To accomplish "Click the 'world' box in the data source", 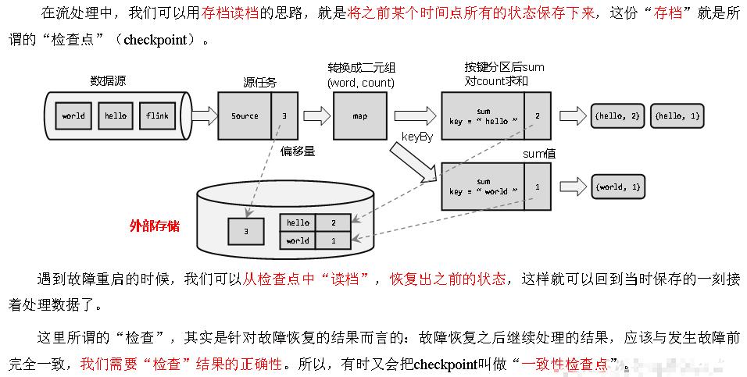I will click(73, 116).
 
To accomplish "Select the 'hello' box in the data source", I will click(116, 116).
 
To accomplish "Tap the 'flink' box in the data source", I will click(157, 116).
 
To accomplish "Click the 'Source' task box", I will click(245, 116).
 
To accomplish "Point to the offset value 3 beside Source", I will click(284, 116).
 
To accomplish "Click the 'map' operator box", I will click(360, 116).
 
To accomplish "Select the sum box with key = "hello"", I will click(483, 116).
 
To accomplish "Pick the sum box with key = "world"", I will click(483, 187).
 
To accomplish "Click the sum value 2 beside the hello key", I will click(538, 116).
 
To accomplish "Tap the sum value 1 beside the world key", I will click(538, 187).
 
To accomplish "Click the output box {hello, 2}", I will click(617, 116).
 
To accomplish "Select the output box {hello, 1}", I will click(677, 116).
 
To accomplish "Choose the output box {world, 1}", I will click(617, 187).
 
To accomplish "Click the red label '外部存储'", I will click(155, 226).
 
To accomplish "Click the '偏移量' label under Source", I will click(298, 151).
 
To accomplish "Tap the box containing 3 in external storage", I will click(245, 232).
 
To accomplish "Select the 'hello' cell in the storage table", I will click(298, 222).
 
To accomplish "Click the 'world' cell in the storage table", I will click(298, 240).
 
